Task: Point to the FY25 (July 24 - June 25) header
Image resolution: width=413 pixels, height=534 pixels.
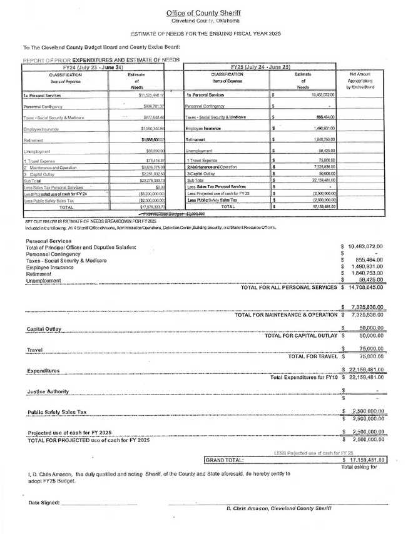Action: (x=260, y=66)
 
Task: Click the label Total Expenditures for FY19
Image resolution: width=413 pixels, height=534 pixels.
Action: (x=303, y=378)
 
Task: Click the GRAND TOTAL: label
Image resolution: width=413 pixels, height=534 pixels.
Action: (x=225, y=460)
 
